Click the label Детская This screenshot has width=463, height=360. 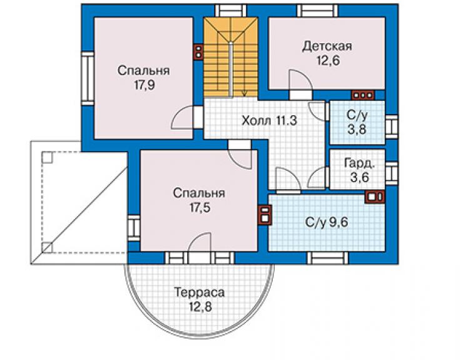pyautogui.click(x=327, y=46)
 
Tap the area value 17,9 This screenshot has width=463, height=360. pyautogui.click(x=145, y=85)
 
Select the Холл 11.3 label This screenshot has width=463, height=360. pyautogui.click(x=269, y=121)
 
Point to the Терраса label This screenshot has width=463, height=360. pyautogui.click(x=200, y=292)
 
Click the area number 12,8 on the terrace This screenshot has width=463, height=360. pyautogui.click(x=200, y=307)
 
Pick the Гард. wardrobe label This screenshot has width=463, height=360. pyautogui.click(x=360, y=163)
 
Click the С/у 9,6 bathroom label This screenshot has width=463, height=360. pyautogui.click(x=327, y=222)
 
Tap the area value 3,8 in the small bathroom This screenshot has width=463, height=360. pyautogui.click(x=357, y=130)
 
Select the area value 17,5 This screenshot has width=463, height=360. pyautogui.click(x=200, y=208)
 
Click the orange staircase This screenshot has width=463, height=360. pyautogui.click(x=231, y=57)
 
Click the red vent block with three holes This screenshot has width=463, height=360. pyautogui.click(x=363, y=95)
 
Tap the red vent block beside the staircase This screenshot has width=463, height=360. pyautogui.click(x=198, y=53)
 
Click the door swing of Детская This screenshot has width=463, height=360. pyautogui.click(x=300, y=80)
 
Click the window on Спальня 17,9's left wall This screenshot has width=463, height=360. pyautogui.click(x=88, y=78)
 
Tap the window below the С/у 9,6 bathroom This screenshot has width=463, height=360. pyautogui.click(x=327, y=258)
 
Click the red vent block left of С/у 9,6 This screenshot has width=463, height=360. pyautogui.click(x=265, y=215)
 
